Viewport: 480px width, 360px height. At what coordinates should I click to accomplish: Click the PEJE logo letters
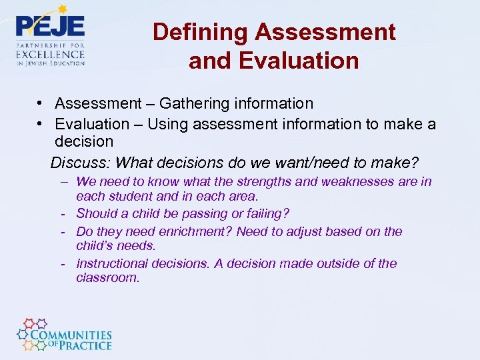coord(50,26)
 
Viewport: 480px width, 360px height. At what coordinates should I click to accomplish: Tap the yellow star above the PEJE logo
coord(63,9)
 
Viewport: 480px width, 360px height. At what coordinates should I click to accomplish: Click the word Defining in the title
coord(200,31)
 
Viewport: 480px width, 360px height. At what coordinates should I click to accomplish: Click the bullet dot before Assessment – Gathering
coord(41,104)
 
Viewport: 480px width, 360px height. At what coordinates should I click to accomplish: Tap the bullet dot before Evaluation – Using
coord(41,124)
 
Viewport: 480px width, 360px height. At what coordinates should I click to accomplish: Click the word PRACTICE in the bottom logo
coord(85,345)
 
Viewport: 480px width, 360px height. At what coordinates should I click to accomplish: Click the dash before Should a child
coord(62,213)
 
